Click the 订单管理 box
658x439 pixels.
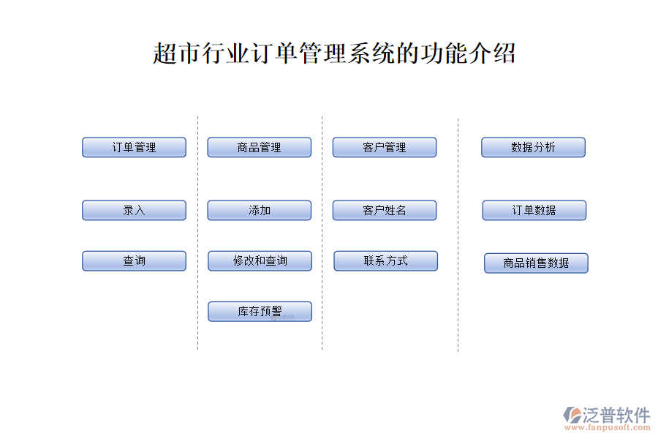tap(134, 148)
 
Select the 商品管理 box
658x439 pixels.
tap(260, 148)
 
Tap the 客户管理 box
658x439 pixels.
tap(385, 148)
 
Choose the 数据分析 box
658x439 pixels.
tap(534, 148)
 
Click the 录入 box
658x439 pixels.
tap(134, 211)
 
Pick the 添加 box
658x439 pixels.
tap(260, 211)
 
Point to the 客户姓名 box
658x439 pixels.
tap(385, 211)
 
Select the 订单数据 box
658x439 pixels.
tap(534, 211)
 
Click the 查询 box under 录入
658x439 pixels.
tap(134, 261)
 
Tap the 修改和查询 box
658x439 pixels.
tap(260, 261)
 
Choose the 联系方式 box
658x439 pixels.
tap(385, 261)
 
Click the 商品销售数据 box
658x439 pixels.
tap(537, 263)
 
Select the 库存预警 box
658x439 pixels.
tap(260, 312)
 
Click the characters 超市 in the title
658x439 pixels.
tap(177, 53)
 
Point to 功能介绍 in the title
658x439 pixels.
tap(468, 53)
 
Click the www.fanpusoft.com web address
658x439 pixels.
tap(608, 427)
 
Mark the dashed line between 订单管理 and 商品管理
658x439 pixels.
tap(197, 233)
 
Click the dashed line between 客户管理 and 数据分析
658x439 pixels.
tap(458, 236)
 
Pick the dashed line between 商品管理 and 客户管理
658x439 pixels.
tap(322, 233)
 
